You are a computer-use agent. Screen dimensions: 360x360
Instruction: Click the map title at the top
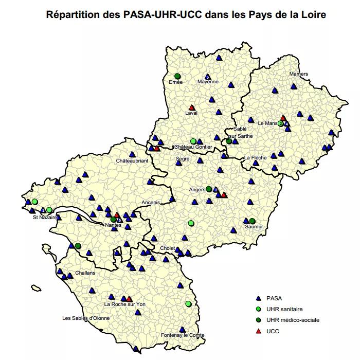pos(186,14)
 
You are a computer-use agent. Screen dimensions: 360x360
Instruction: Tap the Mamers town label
pos(298,74)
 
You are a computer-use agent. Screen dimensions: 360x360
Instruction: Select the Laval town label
pos(191,113)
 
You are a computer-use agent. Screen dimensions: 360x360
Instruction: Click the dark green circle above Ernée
pos(177,76)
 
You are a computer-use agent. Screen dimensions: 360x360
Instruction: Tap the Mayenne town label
pos(208,82)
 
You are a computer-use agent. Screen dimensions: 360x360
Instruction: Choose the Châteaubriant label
pos(132,161)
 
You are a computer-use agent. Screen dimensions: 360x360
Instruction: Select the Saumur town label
pos(254,226)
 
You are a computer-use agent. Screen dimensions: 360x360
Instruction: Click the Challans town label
pos(85,273)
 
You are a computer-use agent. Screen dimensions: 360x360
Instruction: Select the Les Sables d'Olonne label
pos(86,318)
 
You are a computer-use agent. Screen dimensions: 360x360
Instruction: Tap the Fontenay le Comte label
pos(183,335)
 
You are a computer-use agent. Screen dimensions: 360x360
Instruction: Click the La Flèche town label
pos(255,157)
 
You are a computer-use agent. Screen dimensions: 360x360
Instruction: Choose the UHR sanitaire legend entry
pos(284,309)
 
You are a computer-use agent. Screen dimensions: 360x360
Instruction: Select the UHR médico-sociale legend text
pos(293,320)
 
